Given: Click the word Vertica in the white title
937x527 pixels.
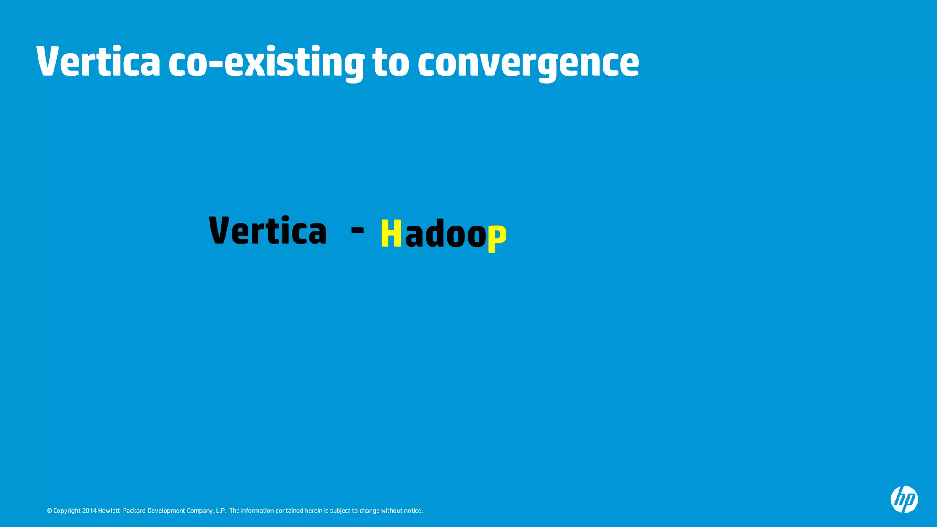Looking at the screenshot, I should (98, 62).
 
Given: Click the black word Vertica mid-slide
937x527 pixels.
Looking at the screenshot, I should (268, 231).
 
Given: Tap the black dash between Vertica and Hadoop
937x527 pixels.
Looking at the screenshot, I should (357, 230).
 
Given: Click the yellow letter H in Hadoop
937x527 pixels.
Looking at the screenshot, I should (391, 233).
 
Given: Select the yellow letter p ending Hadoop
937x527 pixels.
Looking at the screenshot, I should (497, 237).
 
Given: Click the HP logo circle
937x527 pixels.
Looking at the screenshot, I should (904, 499).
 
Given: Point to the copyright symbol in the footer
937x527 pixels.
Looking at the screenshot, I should (49, 511).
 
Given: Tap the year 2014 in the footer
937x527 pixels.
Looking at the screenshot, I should (89, 511).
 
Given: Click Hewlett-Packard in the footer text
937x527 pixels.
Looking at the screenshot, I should (122, 511).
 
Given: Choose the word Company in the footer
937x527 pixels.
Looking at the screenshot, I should (200, 511).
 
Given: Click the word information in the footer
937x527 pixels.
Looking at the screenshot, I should (258, 511).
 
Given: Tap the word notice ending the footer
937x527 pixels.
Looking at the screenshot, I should (413, 511).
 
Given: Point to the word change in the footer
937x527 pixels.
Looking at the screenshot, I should (370, 511).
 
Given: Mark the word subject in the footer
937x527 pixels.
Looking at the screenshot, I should (340, 511).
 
